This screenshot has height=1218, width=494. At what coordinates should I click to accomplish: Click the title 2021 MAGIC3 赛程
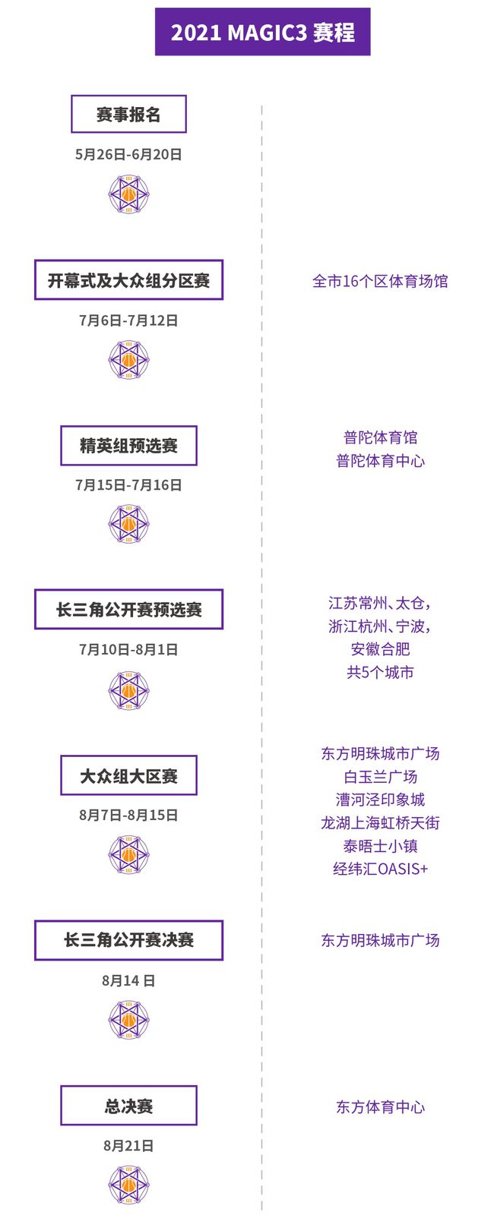point(263,32)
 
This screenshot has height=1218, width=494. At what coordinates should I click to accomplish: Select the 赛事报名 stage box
point(129,114)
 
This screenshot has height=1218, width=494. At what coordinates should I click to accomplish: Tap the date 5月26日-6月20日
point(128,154)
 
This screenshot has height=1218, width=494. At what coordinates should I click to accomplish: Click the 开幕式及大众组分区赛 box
point(129,280)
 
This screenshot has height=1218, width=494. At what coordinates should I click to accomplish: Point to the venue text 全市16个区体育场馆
point(380,281)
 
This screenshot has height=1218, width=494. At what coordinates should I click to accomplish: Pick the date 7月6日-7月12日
point(128,320)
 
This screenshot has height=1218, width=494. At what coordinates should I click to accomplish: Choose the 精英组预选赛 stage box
point(129,446)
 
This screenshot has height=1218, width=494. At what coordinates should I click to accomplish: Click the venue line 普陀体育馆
point(380,437)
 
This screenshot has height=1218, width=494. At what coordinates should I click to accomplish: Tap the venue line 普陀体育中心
point(380,461)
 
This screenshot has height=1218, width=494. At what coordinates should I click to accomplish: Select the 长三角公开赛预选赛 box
point(129,610)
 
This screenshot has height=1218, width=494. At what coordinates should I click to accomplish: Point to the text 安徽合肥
point(380,649)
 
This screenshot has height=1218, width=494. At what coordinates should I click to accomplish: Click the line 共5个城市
point(380,673)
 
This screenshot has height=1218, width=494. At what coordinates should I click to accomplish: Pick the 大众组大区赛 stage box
point(129,775)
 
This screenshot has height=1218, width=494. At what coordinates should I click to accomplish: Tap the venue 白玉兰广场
point(380,777)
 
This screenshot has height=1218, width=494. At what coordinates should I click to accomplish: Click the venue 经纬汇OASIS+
point(380,869)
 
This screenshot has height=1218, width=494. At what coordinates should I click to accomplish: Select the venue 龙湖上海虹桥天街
point(380,822)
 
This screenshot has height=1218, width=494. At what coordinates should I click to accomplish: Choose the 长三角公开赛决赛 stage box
point(129,940)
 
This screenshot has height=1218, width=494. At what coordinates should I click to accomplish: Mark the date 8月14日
point(128,980)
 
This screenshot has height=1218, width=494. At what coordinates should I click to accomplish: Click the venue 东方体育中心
point(380,1106)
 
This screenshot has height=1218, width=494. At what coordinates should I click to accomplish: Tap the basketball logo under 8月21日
point(128,1185)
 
